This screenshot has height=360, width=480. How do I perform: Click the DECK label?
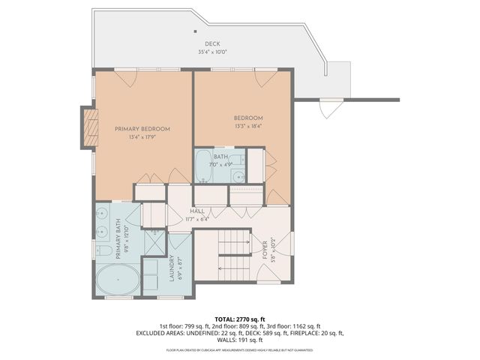212,45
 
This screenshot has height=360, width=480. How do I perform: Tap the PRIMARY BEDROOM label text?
142,129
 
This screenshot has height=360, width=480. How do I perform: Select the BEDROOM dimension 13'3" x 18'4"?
247,125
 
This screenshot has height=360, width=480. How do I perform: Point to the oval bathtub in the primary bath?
117,280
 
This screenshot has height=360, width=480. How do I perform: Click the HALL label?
197,211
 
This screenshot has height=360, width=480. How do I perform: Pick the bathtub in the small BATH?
204,166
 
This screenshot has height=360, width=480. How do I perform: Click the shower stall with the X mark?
154,238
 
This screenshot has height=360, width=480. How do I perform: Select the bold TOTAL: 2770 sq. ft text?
239,319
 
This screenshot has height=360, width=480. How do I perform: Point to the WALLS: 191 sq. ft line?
239,340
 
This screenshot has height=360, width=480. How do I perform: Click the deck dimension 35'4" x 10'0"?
212,52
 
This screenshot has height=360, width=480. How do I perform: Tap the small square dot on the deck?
193,31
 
